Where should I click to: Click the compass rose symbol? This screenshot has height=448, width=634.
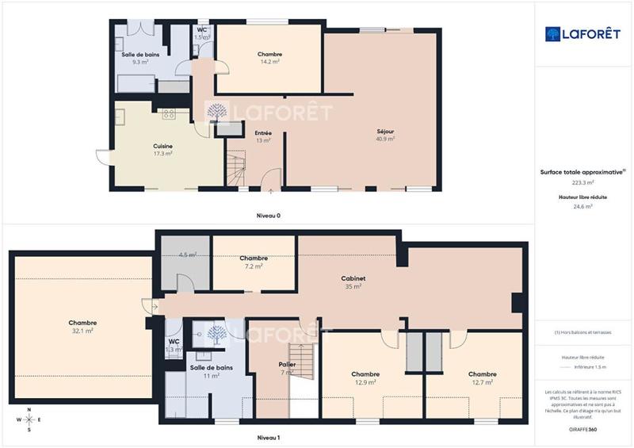coord(29,419)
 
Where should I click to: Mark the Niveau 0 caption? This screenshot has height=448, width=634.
coord(269,215)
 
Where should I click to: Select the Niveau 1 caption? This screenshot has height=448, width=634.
coord(269,437)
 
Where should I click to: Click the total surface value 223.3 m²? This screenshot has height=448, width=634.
coord(584,182)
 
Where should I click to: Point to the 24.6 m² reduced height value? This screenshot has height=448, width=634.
coord(584,206)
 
